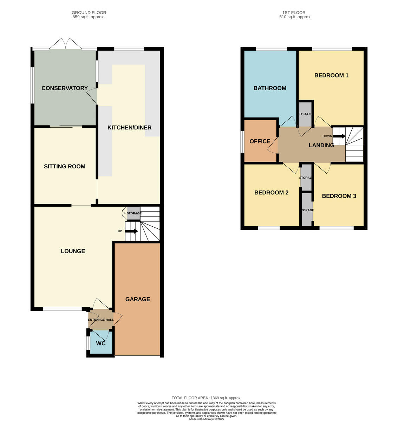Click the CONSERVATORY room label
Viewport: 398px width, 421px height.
[x=65, y=88]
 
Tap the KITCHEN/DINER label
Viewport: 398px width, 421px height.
[x=129, y=127]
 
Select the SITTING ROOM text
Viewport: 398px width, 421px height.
[x=65, y=166]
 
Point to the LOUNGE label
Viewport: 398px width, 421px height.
[x=73, y=251]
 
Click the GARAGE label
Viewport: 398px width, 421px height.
[x=138, y=299]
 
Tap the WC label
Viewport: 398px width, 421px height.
[x=101, y=343]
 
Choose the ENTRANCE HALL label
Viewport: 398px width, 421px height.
[x=101, y=320]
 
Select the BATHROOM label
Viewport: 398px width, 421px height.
[x=270, y=88]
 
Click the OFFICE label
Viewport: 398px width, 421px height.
[x=260, y=141]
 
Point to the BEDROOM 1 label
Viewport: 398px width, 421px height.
[x=331, y=75]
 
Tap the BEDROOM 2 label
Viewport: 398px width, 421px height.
[x=271, y=192]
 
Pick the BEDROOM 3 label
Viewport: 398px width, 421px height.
[x=339, y=196]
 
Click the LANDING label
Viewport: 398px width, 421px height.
[x=321, y=145]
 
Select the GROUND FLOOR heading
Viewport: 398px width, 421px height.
[x=89, y=13]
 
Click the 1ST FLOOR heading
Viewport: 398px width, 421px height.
[x=295, y=13]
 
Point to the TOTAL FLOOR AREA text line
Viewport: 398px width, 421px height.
[x=206, y=398]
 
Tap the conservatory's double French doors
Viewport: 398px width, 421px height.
[x=65, y=44]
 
